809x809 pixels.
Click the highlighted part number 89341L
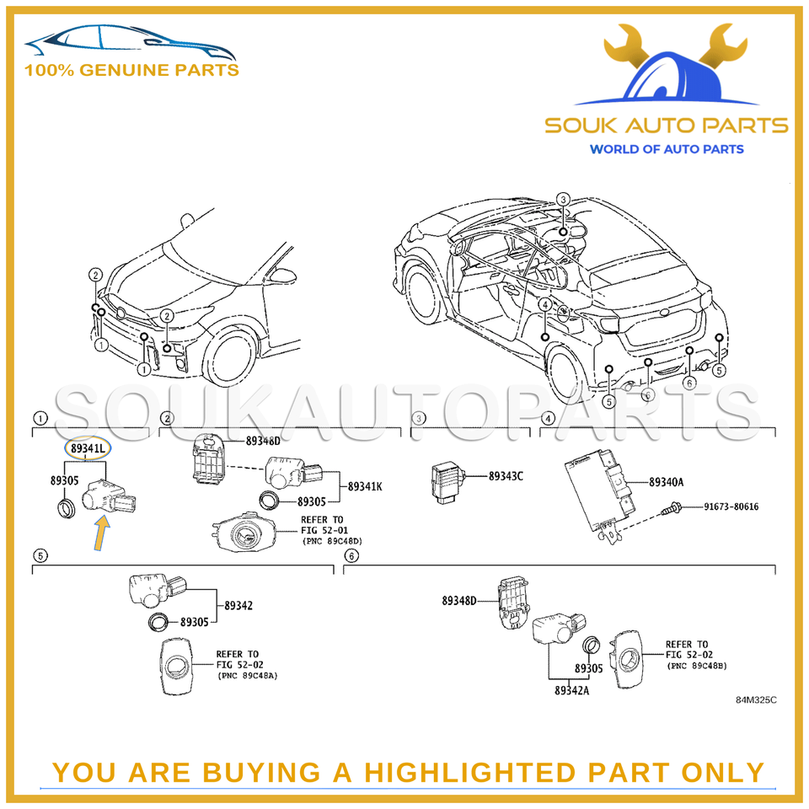pos(88,448)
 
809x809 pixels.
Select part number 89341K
pos(365,486)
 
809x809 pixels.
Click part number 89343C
pos(506,476)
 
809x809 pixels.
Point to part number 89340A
pos(666,482)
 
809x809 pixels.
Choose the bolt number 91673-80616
pos(731,507)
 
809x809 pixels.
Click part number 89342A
pos(572,690)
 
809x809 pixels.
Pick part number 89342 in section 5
pos(238,605)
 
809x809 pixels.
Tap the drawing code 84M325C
pos(755,699)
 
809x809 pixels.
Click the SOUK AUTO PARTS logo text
pos(666,126)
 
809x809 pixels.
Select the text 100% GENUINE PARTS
pos(131,70)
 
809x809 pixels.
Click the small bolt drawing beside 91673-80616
pos(675,508)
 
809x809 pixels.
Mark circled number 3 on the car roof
pos(563,199)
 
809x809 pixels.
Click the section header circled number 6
pos(352,555)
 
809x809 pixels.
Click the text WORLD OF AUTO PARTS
pos(666,149)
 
